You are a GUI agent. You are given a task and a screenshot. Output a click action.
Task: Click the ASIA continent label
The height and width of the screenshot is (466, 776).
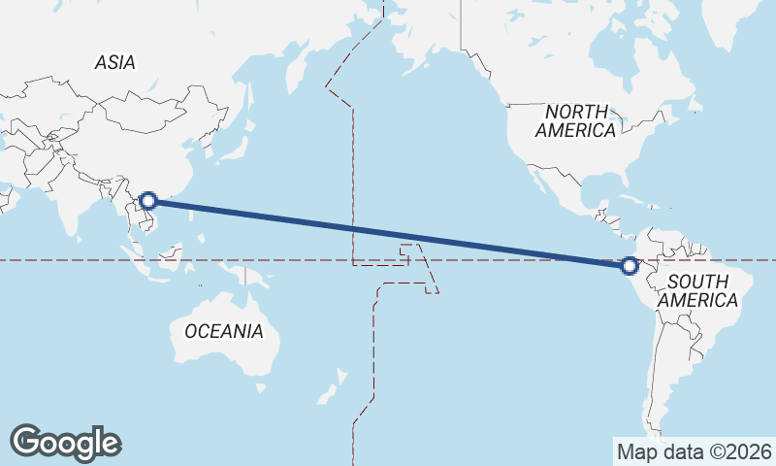point(114,63)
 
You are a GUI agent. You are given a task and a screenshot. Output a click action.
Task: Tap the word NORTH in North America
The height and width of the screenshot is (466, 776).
point(576,112)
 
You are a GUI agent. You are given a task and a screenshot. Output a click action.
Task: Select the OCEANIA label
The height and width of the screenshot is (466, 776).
point(223,331)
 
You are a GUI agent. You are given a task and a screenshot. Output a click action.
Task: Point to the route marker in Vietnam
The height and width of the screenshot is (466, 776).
point(148,201)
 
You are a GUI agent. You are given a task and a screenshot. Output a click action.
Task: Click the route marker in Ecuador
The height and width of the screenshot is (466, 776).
point(630,265)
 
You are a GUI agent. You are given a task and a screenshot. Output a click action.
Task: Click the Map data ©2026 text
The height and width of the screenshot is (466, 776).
point(694,451)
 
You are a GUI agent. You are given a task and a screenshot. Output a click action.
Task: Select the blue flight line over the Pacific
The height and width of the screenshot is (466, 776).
point(388,233)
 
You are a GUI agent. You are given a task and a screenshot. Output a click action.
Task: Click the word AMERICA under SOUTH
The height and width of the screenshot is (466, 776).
point(697,300)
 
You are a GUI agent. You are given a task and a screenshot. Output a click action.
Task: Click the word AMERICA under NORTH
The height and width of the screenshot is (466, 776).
point(576,130)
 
